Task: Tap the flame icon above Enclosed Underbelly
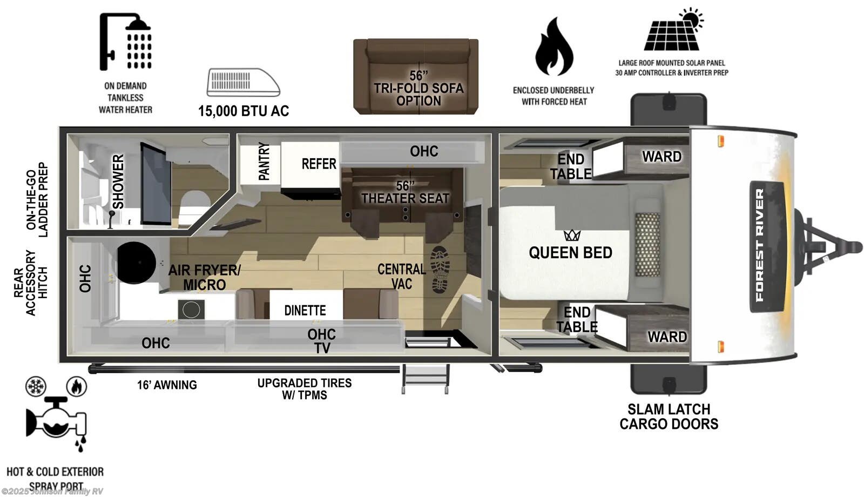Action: [554, 46]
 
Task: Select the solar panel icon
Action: [673, 31]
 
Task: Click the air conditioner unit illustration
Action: [243, 83]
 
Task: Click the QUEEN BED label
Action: [570, 253]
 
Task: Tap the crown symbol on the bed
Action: [572, 235]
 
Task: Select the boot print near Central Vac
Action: [440, 270]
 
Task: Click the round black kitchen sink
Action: [137, 263]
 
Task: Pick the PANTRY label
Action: [264, 161]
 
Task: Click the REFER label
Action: [319, 164]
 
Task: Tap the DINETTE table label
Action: [305, 311]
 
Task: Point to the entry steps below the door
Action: [426, 378]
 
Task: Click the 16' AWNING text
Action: [167, 385]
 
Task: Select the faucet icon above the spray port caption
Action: [56, 421]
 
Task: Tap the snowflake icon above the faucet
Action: [36, 386]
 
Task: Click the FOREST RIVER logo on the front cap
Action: [759, 246]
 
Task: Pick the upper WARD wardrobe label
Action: [661, 157]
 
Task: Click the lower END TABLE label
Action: [577, 319]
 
